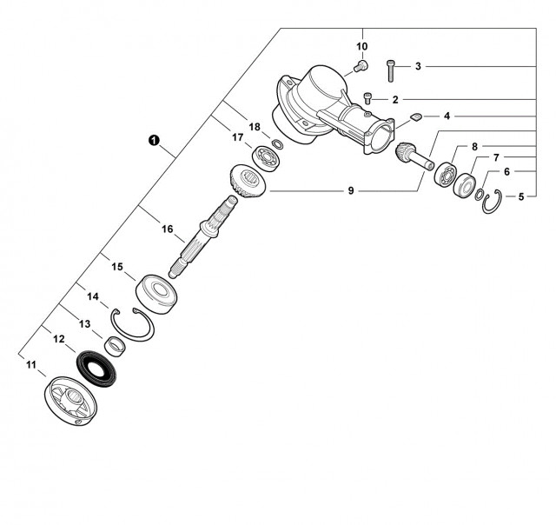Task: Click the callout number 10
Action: pos(361,46)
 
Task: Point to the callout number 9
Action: pos(351,190)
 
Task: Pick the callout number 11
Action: pos(30,364)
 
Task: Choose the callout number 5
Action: pos(520,196)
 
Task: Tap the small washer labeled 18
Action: pos(277,143)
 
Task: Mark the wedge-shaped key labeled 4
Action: pos(416,116)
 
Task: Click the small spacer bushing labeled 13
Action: pos(114,346)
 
